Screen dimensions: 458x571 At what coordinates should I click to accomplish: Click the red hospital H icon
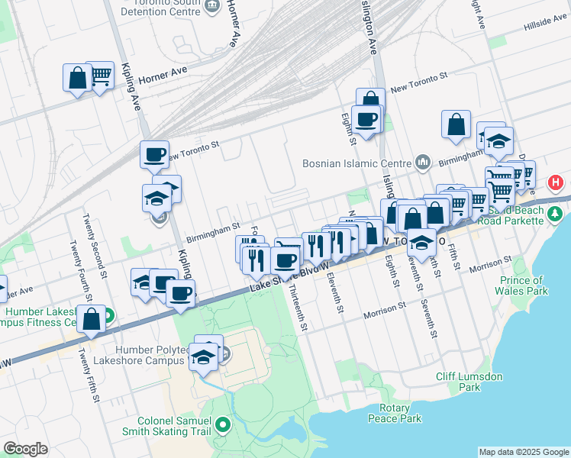point(556,183)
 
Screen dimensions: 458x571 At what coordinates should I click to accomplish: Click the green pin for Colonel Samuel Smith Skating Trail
point(223,424)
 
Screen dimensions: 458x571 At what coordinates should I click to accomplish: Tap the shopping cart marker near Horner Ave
point(100,76)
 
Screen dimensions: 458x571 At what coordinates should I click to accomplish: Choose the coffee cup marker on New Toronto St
point(153,154)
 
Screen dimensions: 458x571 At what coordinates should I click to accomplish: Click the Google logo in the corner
point(25,449)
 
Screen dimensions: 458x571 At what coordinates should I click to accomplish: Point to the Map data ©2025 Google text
point(524,452)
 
